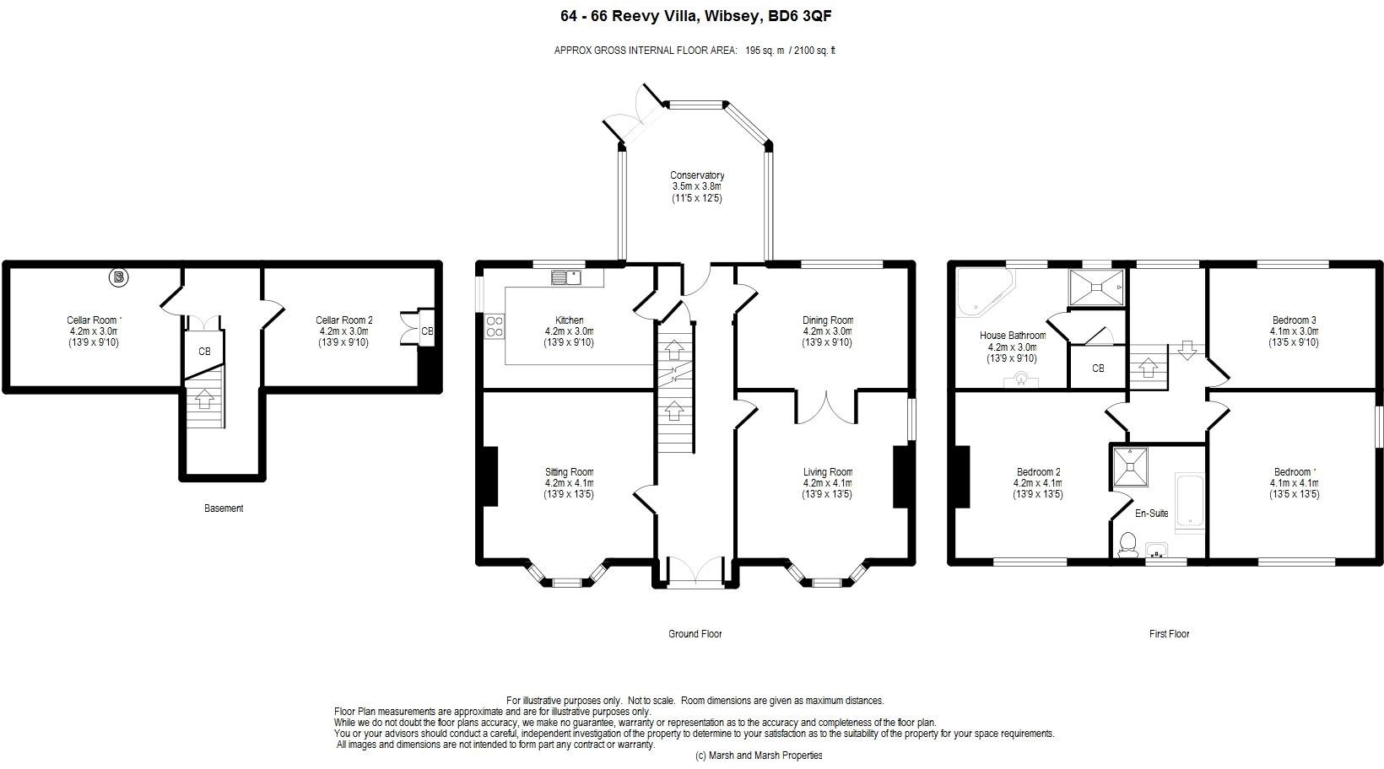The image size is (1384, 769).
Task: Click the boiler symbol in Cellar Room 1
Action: (x=119, y=277)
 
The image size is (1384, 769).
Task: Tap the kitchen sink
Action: (x=566, y=277)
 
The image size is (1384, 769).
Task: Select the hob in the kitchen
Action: (x=495, y=326)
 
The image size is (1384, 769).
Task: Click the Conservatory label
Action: (x=697, y=175)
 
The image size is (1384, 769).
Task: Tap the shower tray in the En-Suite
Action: (x=1131, y=466)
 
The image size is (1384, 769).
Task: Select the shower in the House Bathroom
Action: (x=1097, y=287)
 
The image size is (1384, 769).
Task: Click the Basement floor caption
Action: (x=224, y=508)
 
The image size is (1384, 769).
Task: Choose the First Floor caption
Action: (x=1169, y=634)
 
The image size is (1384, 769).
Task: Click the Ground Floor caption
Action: (x=695, y=634)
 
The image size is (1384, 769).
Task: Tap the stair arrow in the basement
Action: (x=204, y=400)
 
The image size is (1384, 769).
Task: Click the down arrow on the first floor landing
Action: (x=1187, y=350)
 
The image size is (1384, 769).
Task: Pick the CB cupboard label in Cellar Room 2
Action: (x=427, y=331)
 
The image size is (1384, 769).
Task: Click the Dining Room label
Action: (x=828, y=320)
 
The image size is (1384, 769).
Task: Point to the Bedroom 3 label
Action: (x=1294, y=320)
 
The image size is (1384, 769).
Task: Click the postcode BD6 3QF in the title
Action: (x=799, y=16)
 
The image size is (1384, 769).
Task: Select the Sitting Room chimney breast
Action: (x=490, y=476)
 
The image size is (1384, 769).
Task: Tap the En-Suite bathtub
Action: (x=1190, y=503)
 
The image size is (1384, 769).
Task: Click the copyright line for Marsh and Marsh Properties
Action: (x=759, y=756)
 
